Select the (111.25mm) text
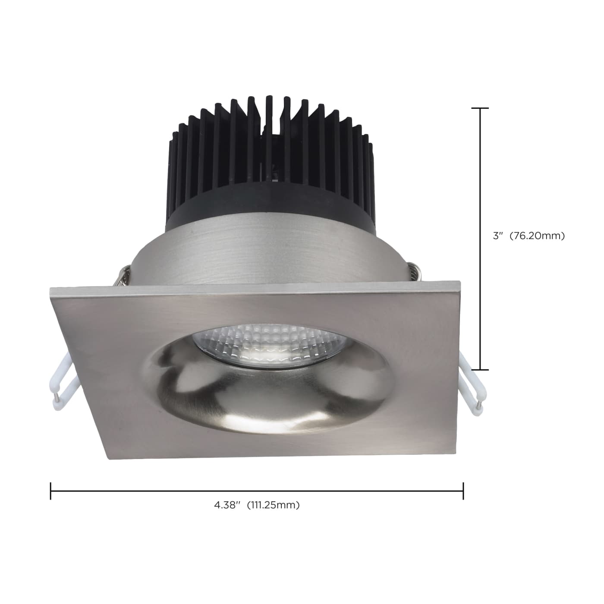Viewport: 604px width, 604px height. coord(273,505)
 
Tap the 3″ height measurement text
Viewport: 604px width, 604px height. coord(498,236)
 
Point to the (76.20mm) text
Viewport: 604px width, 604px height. coord(537,236)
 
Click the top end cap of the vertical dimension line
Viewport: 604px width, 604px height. coord(480,108)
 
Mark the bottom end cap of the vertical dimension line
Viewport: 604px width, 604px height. coord(480,370)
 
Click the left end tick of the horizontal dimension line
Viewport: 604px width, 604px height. coord(51,491)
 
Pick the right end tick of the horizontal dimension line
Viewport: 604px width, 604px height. coord(463,491)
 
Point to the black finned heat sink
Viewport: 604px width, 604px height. coord(270,151)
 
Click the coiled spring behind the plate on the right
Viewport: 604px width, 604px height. coord(413,272)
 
